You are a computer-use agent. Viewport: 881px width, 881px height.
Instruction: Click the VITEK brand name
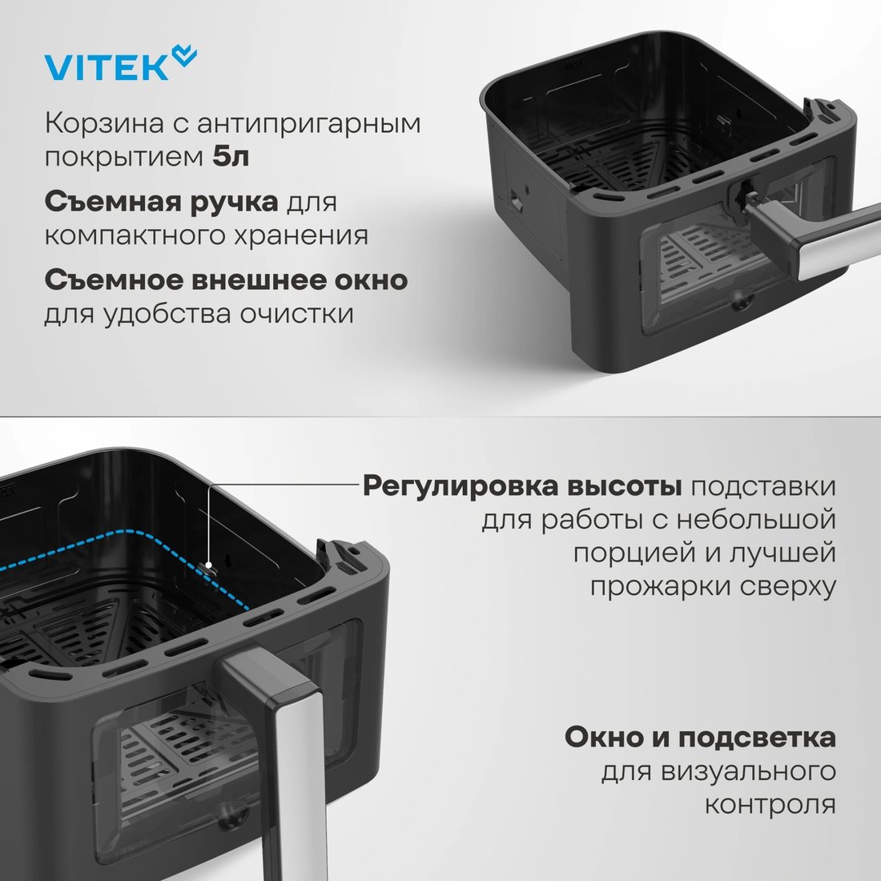click(x=107, y=67)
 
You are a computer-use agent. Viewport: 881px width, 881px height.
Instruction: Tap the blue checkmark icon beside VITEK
click(x=184, y=55)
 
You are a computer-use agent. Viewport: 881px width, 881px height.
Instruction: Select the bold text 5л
click(x=231, y=157)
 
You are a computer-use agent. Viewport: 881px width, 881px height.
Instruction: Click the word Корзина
click(x=104, y=124)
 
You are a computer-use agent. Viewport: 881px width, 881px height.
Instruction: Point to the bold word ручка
click(x=235, y=203)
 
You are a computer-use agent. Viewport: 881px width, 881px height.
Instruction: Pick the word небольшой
click(x=756, y=519)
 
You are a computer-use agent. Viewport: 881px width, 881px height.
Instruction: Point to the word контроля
click(x=770, y=805)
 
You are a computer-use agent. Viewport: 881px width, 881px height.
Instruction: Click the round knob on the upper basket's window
click(x=742, y=300)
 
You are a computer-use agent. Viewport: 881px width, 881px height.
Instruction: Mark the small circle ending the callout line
click(x=208, y=565)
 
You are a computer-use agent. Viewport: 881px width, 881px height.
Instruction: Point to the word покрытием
click(x=123, y=158)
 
